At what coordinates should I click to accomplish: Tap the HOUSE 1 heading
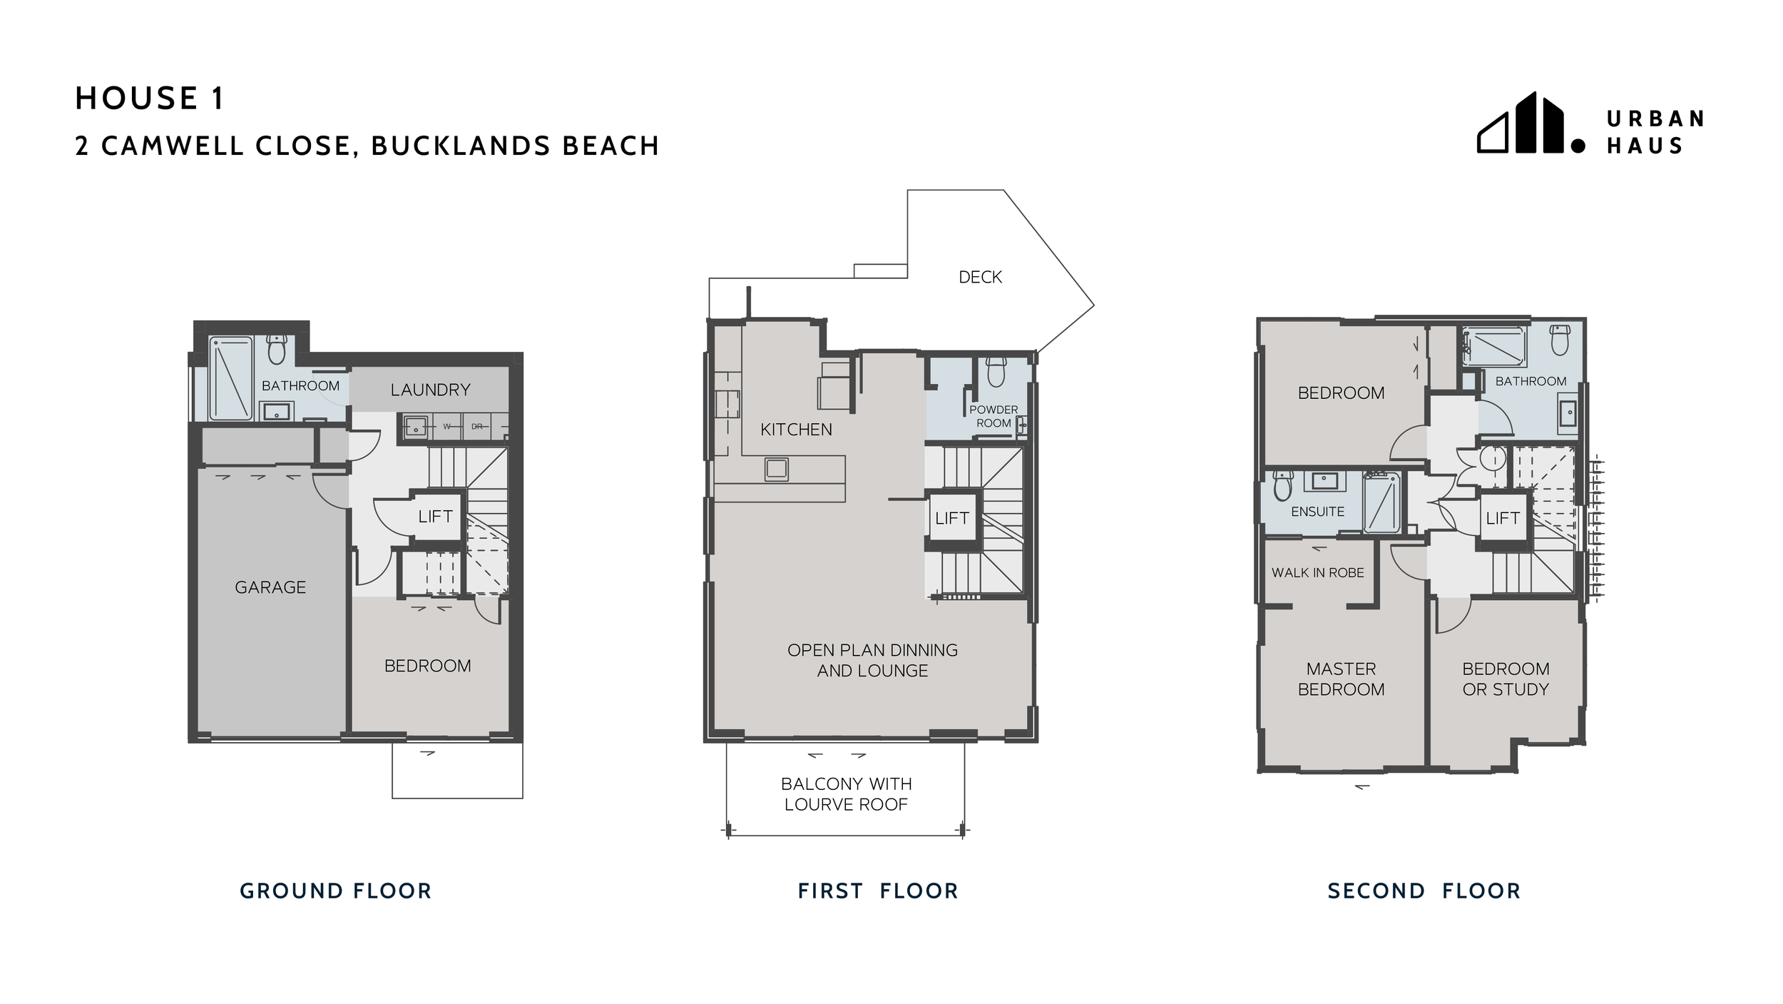[150, 98]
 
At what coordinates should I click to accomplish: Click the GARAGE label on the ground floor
[270, 587]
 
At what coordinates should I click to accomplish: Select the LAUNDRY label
[430, 390]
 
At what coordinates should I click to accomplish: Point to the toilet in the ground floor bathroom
[277, 350]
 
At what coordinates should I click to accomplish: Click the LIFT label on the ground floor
[435, 516]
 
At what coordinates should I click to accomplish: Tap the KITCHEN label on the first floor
[796, 430]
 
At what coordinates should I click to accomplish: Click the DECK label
[980, 277]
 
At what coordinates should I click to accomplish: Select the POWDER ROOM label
[993, 416]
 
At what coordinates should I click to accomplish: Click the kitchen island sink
[777, 469]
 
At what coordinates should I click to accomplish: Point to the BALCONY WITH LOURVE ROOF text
[846, 793]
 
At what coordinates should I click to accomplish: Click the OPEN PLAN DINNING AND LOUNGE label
[872, 660]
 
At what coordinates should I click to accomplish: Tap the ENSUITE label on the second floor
[1317, 512]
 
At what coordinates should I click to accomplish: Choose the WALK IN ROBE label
[1317, 572]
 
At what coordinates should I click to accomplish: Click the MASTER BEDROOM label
[1341, 679]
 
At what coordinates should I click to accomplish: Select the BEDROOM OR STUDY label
[1506, 679]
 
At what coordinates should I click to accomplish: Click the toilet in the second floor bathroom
[1560, 340]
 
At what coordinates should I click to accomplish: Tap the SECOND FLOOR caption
[1424, 891]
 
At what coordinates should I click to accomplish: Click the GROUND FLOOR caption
[335, 891]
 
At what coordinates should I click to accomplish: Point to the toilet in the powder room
[996, 370]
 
